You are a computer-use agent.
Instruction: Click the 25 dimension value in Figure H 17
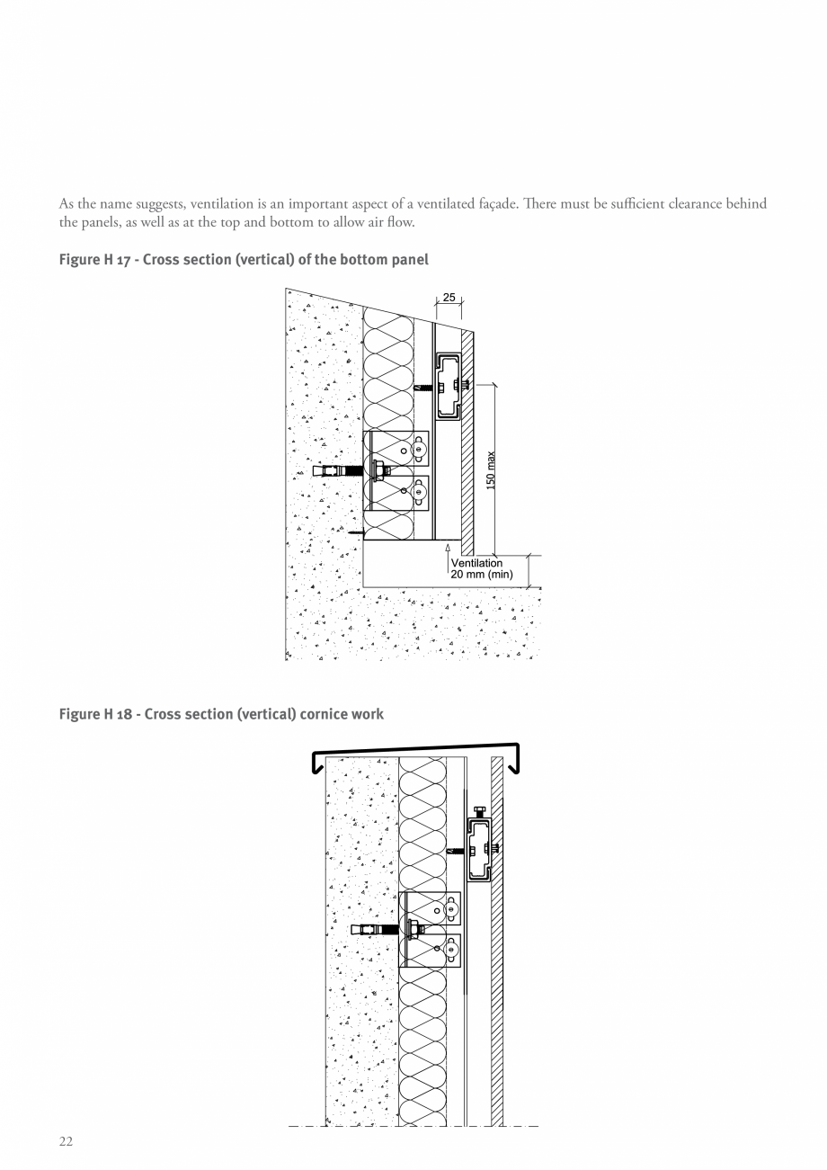click(x=449, y=297)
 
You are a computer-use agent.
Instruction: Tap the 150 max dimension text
click(x=491, y=470)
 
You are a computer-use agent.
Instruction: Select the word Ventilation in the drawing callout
click(x=476, y=563)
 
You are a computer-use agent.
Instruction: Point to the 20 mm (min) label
click(x=482, y=575)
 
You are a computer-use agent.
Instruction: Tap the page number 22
click(x=66, y=1141)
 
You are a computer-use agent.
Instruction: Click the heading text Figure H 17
click(x=94, y=260)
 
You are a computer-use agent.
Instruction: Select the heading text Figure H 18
click(x=95, y=714)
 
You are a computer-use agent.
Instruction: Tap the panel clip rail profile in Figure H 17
click(x=448, y=387)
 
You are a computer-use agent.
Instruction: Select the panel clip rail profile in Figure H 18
click(x=479, y=850)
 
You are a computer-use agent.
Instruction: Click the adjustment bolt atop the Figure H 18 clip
click(x=480, y=813)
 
